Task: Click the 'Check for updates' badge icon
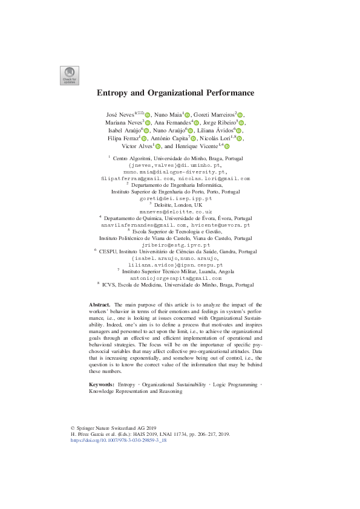coord(68,74)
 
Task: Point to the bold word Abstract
coord(99,305)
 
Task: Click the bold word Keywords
coord(102,384)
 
